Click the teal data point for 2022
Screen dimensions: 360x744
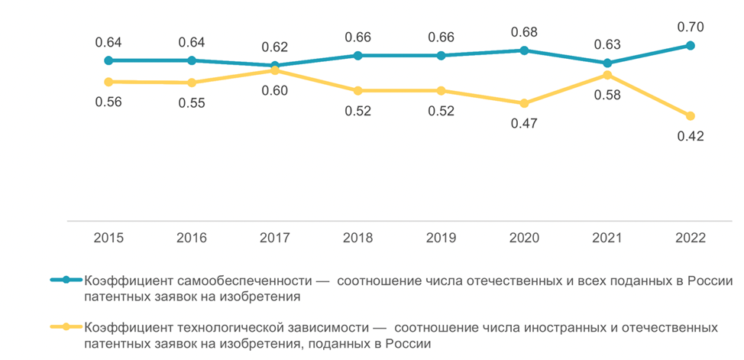690,46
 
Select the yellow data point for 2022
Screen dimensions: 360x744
690,116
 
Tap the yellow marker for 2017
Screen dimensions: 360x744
274,70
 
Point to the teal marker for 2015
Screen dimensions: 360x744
108,60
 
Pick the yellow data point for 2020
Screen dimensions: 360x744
523,103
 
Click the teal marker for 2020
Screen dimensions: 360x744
523,50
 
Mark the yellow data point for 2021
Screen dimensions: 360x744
607,75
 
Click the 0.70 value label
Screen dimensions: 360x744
690,27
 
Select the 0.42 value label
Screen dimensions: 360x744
690,136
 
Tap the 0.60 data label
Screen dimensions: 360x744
274,91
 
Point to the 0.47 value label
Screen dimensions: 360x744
523,123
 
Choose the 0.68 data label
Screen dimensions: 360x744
523,32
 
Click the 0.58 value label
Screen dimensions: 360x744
607,96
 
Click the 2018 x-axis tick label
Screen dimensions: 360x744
357,238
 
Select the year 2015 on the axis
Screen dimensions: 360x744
108,238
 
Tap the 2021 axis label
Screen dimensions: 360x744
607,238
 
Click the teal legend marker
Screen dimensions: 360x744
66,280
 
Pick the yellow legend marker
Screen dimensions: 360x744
66,327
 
